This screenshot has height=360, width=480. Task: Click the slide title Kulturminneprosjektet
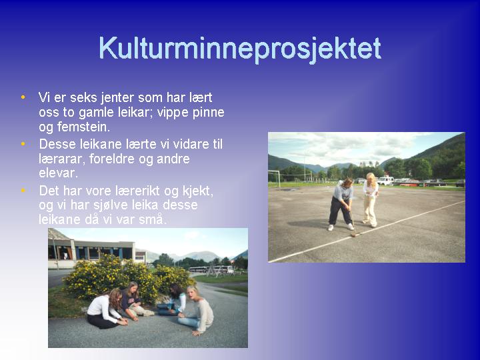pyautogui.click(x=240, y=49)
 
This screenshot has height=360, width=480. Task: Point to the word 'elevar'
pyautogui.click(x=57, y=173)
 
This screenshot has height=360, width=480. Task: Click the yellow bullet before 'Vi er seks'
pyautogui.click(x=23, y=97)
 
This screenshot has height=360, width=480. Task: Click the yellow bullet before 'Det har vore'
pyautogui.click(x=23, y=191)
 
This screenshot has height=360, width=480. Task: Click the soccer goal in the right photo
pyautogui.click(x=274, y=179)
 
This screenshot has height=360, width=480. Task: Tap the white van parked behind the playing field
pyautogui.click(x=385, y=180)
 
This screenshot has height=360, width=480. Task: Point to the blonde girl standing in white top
pyautogui.click(x=371, y=200)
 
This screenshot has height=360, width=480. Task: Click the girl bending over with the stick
pyautogui.click(x=341, y=204)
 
